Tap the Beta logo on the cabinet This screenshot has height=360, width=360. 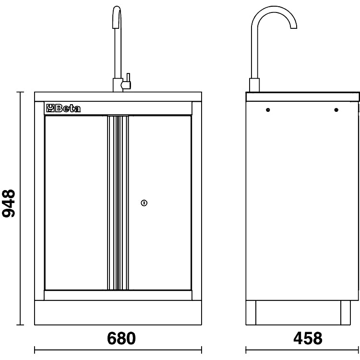click(63, 108)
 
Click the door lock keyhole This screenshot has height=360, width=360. click(144, 204)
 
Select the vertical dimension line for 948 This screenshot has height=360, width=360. click(20, 208)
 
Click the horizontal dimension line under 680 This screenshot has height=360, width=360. click(118, 349)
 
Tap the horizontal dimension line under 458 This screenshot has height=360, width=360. click(303, 349)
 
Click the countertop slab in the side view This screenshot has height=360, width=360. click(302, 96)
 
